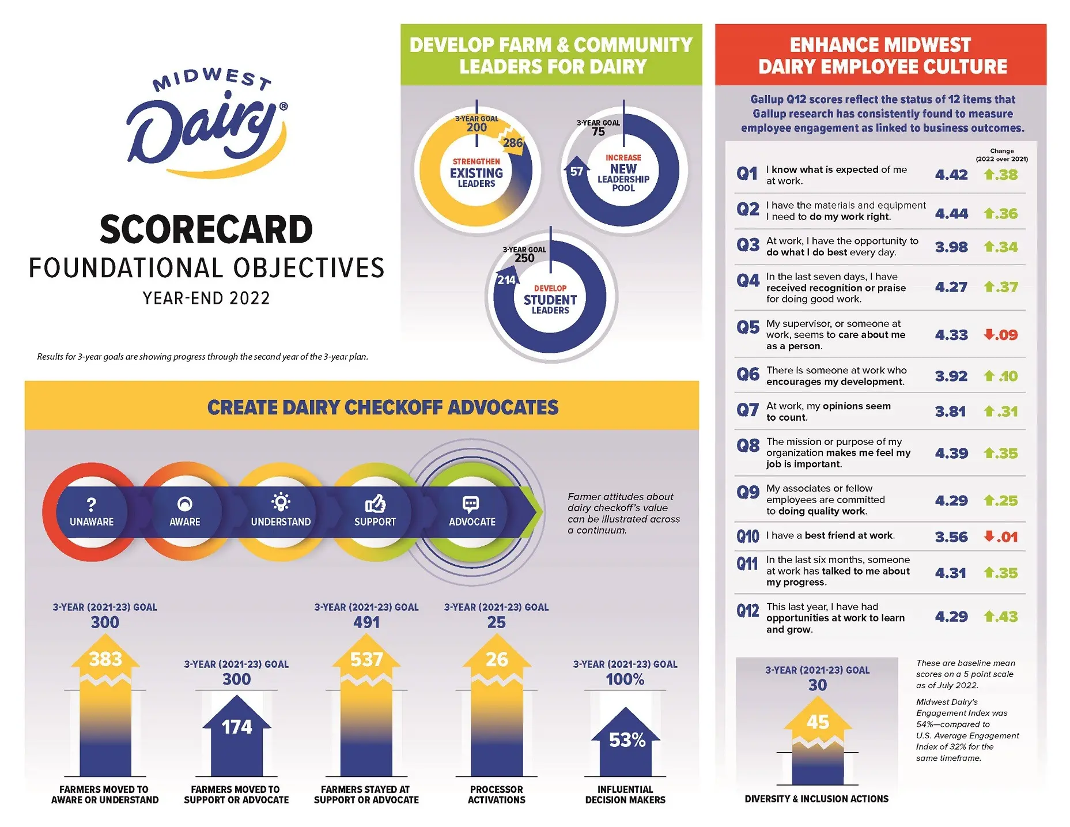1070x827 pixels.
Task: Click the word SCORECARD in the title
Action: [x=206, y=229]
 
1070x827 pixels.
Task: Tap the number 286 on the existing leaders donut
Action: [x=512, y=143]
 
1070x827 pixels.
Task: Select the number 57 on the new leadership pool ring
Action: [x=576, y=171]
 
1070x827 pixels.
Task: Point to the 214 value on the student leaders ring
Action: [x=506, y=280]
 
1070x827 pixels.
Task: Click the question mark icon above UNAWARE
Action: [x=91, y=505]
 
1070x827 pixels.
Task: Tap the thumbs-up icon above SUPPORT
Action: [x=375, y=504]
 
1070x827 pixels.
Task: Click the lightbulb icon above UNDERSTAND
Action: [x=281, y=503]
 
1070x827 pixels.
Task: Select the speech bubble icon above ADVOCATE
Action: [x=471, y=504]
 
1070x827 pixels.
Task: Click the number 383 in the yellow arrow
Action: [x=105, y=659]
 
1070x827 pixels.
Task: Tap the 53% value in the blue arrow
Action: [x=627, y=740]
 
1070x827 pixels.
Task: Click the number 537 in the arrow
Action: [x=366, y=659]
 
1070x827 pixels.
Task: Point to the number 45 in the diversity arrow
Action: [x=818, y=722]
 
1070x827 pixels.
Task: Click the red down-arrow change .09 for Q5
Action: [x=1001, y=335]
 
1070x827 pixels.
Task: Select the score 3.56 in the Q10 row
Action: [x=951, y=537]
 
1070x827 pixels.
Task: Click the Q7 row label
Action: [x=747, y=410]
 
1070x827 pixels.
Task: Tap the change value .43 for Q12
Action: [x=1001, y=617]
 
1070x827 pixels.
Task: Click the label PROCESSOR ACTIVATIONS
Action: [x=496, y=794]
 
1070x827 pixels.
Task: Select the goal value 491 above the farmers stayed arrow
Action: [x=366, y=622]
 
